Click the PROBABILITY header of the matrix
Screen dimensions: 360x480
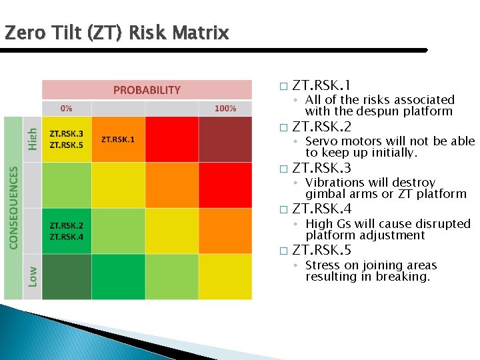point(147,90)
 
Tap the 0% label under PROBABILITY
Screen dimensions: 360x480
point(67,108)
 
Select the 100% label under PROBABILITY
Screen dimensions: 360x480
point(225,108)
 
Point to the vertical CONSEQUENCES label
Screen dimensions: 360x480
point(13,207)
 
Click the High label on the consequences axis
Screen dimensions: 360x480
point(32,139)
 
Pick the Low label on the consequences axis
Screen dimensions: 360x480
point(32,277)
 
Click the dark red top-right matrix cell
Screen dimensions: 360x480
point(225,139)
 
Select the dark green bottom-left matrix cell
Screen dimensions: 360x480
point(67,277)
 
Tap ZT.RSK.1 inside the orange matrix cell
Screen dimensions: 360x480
point(118,139)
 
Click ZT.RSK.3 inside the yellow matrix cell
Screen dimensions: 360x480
point(67,134)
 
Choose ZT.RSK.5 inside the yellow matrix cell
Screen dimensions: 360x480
point(67,146)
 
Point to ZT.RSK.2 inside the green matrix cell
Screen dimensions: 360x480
point(67,225)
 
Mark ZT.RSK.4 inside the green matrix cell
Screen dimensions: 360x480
point(67,237)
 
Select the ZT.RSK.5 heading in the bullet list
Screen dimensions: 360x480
point(321,251)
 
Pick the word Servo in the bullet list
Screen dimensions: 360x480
point(321,141)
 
